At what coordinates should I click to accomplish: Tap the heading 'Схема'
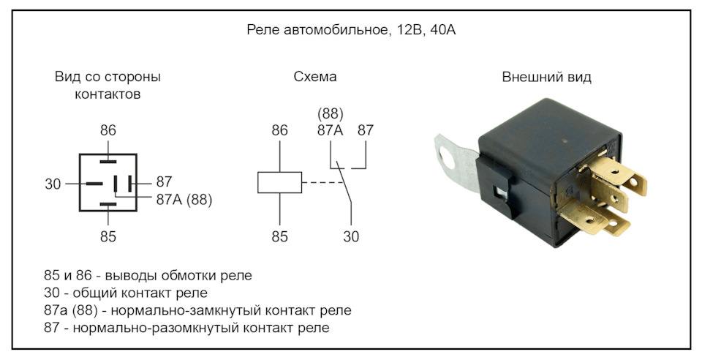pyautogui.click(x=315, y=77)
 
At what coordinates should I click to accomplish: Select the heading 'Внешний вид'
pyautogui.click(x=547, y=77)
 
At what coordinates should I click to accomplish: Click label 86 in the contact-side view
pyautogui.click(x=108, y=131)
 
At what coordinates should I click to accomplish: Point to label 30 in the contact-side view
pyautogui.click(x=53, y=184)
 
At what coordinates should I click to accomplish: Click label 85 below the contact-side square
pyautogui.click(x=108, y=236)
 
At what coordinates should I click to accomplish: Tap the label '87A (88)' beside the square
pyautogui.click(x=184, y=200)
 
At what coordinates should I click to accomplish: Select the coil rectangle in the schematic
pyautogui.click(x=279, y=182)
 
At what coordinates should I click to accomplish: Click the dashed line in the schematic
pyautogui.click(x=321, y=182)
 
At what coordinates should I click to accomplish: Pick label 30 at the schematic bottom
pyautogui.click(x=351, y=236)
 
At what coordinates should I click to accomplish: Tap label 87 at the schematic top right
pyautogui.click(x=366, y=131)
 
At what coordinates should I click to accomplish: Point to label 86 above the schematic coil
pyautogui.click(x=279, y=131)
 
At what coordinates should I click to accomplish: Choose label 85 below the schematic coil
pyautogui.click(x=279, y=236)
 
